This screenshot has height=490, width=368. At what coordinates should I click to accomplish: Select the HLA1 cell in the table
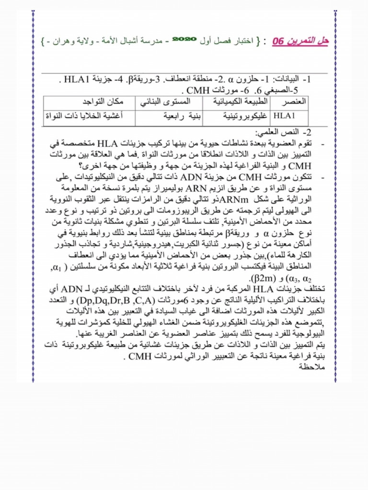285,116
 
